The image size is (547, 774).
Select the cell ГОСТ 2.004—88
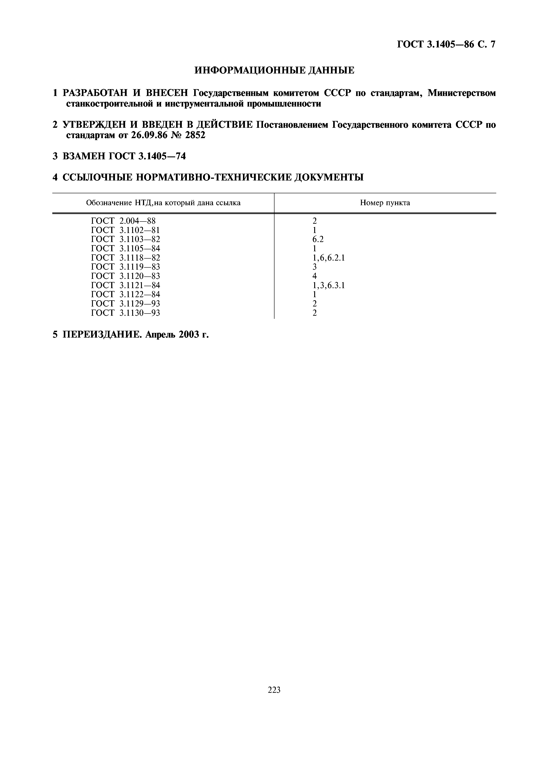pyautogui.click(x=123, y=221)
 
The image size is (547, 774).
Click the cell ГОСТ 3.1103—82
pyautogui.click(x=125, y=239)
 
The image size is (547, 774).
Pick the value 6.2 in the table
pyautogui.click(x=318, y=239)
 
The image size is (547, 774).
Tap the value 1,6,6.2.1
pyautogui.click(x=329, y=258)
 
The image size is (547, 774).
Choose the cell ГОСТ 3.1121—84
pyautogui.click(x=125, y=286)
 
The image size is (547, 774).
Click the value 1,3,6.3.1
pyautogui.click(x=329, y=286)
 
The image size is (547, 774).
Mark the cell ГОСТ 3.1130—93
pyautogui.click(x=125, y=313)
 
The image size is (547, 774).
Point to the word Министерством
pyautogui.click(x=462, y=93)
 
